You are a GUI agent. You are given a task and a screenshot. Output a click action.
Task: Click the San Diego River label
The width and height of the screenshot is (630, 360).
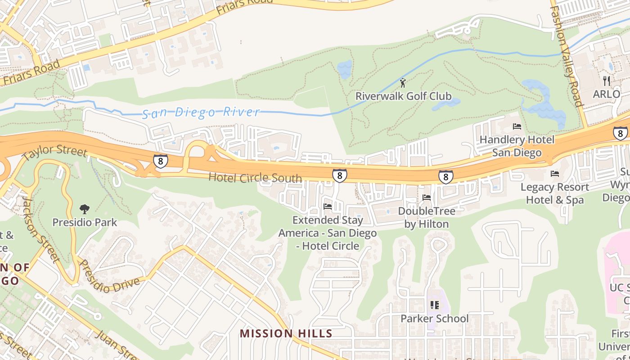point(201,112)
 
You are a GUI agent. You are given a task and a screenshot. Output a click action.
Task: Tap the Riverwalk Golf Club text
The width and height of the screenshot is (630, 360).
point(403,96)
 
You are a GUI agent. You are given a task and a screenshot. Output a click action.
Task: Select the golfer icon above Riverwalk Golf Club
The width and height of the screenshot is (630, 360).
point(403,83)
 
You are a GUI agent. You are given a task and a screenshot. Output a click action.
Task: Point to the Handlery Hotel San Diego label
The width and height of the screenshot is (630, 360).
point(517,146)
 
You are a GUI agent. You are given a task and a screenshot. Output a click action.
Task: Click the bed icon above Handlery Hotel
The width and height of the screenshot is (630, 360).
point(517,127)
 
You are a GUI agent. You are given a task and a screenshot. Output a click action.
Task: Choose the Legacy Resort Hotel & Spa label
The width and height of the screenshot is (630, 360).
point(555,193)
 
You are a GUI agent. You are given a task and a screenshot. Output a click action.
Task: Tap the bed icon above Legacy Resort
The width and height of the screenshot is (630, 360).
point(555,174)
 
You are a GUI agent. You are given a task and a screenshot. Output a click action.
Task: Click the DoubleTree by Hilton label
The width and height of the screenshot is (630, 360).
point(427,217)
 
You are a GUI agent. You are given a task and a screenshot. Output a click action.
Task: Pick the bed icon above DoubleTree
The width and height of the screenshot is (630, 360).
point(427,198)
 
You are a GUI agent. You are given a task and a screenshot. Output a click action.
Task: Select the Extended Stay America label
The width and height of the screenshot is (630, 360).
point(328,233)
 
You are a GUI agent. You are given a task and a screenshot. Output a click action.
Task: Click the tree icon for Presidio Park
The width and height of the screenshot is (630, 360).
point(84,209)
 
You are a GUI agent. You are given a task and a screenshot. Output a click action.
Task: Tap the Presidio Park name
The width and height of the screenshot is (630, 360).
point(85,222)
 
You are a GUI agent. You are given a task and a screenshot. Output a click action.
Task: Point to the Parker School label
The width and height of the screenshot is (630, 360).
point(434,319)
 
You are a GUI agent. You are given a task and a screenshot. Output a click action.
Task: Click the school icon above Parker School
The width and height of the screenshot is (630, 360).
point(434,305)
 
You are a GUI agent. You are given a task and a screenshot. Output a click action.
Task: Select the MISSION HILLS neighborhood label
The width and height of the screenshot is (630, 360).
point(286,333)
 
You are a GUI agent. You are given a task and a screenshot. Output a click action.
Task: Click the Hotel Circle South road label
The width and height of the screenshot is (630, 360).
point(255,177)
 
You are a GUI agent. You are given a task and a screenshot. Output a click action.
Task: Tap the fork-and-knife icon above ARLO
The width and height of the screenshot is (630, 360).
point(607,81)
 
